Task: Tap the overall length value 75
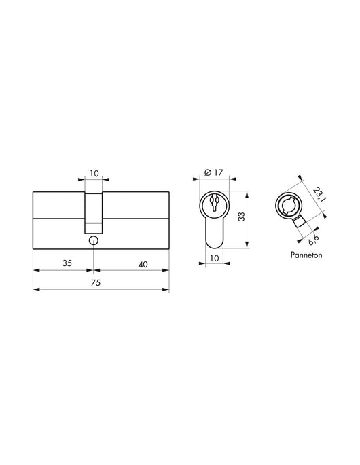click(101, 284)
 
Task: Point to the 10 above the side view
click(94, 174)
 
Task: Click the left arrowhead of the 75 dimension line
click(35, 290)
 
